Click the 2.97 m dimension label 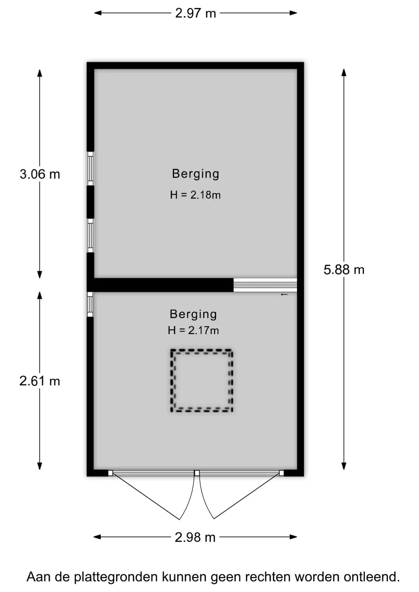[x=195, y=13]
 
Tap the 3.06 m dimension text [x=40, y=174]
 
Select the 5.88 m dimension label [x=344, y=270]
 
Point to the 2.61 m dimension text [x=39, y=381]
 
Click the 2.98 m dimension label [x=195, y=537]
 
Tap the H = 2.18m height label [x=195, y=195]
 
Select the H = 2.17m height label [x=193, y=330]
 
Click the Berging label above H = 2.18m [x=196, y=174]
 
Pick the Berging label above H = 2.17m [x=193, y=314]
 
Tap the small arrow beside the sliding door [x=284, y=294]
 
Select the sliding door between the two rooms [x=265, y=285]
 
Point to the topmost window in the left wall [x=90, y=169]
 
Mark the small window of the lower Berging [x=90, y=304]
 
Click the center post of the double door [x=197, y=473]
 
